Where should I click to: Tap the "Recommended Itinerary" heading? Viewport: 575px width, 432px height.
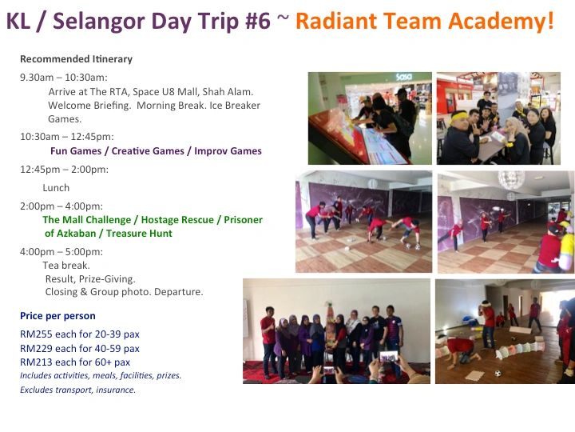(77, 59)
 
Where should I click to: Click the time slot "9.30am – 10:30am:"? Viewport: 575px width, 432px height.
(64, 78)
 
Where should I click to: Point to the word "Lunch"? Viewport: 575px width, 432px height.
(56, 188)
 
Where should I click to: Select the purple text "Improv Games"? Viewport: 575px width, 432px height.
(228, 151)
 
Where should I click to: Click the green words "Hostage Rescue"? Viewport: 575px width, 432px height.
(177, 220)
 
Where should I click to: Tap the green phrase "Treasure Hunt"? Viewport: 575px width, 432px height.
(139, 234)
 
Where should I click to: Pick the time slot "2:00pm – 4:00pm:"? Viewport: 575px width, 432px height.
(61, 206)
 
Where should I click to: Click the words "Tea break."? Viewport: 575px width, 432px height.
(66, 266)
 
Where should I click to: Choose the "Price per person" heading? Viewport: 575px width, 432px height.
(57, 316)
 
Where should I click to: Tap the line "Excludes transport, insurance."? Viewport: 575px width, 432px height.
(77, 390)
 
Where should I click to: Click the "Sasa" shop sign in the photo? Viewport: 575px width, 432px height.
(404, 77)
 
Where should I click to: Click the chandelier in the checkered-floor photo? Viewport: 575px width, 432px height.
(511, 180)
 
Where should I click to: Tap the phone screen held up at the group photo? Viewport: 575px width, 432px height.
(389, 356)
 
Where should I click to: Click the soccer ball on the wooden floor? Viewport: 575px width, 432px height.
(498, 374)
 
